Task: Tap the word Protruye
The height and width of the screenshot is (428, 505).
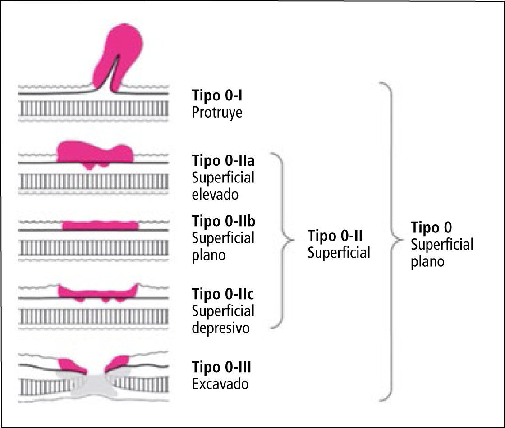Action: click(217, 112)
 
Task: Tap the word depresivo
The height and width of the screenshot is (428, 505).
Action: click(220, 328)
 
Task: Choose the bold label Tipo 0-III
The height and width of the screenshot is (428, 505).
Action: click(221, 367)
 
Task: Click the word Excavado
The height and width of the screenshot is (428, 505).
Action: click(220, 384)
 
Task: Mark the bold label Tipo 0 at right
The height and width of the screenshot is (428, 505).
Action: click(431, 227)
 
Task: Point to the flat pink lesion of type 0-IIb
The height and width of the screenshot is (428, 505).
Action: click(100, 225)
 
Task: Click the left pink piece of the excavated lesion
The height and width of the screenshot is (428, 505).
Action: click(71, 365)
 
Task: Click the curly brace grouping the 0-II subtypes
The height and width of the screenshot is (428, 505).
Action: click(282, 238)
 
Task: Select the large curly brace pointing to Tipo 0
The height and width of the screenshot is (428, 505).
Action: click(390, 241)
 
